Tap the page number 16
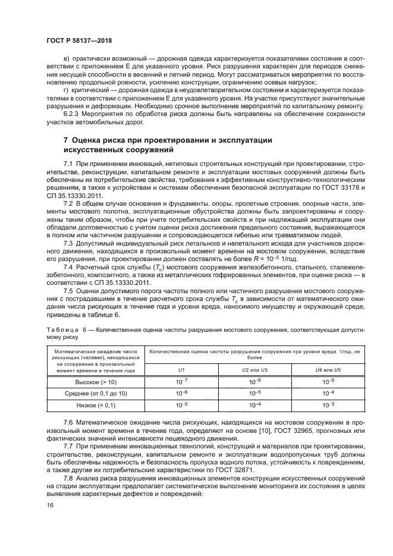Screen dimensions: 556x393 click(x=49, y=504)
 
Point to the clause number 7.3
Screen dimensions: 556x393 click(x=68, y=243)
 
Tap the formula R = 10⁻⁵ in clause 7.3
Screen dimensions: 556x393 click(x=293, y=260)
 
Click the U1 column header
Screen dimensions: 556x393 click(x=181, y=370)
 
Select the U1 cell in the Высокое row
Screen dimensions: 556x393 click(x=181, y=382)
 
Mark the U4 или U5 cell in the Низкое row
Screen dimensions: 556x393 click(x=328, y=405)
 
